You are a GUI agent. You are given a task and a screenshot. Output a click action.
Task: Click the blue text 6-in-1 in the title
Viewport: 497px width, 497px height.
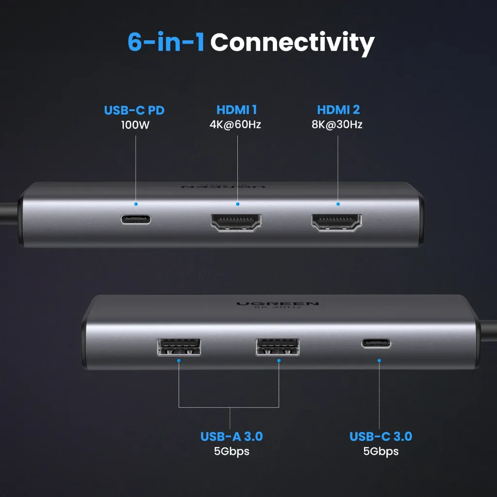click(x=166, y=42)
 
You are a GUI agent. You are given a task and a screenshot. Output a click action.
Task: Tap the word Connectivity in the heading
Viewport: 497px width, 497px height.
click(x=292, y=44)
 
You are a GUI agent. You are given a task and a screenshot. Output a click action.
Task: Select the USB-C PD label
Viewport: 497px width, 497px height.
click(x=134, y=110)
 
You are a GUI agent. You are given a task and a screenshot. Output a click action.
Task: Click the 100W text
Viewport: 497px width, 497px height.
click(x=135, y=125)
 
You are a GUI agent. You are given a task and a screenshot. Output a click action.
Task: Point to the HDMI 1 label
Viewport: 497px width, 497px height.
click(x=236, y=110)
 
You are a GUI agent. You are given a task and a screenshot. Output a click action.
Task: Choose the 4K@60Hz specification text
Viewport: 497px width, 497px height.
click(x=235, y=125)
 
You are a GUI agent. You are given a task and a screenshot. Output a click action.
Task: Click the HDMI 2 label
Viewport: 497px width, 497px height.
click(x=338, y=110)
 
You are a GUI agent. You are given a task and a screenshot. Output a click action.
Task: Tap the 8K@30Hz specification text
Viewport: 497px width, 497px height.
click(x=337, y=125)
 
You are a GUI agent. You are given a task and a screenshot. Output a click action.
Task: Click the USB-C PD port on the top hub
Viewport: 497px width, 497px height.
click(x=136, y=219)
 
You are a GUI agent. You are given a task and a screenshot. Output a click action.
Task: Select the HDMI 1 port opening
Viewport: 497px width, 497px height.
click(x=236, y=222)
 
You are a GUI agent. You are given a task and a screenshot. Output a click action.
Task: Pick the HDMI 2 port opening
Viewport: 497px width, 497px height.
click(x=337, y=222)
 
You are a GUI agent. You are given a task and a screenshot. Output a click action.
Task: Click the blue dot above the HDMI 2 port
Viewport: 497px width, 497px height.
click(x=338, y=204)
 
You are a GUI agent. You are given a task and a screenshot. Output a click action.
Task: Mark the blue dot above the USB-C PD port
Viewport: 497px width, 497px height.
click(x=136, y=204)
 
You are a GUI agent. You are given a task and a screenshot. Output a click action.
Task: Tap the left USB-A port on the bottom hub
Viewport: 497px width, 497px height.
click(x=179, y=347)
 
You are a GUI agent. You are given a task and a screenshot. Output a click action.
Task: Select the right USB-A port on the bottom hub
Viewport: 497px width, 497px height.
click(x=278, y=347)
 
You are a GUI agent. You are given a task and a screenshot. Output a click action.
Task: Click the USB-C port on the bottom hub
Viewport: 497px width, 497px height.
click(x=376, y=343)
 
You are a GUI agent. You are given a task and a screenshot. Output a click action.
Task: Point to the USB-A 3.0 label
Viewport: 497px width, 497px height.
click(x=232, y=436)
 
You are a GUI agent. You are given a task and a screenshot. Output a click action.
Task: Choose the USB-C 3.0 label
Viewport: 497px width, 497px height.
click(x=381, y=436)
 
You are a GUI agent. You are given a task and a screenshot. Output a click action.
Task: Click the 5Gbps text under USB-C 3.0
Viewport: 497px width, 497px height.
click(x=381, y=451)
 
